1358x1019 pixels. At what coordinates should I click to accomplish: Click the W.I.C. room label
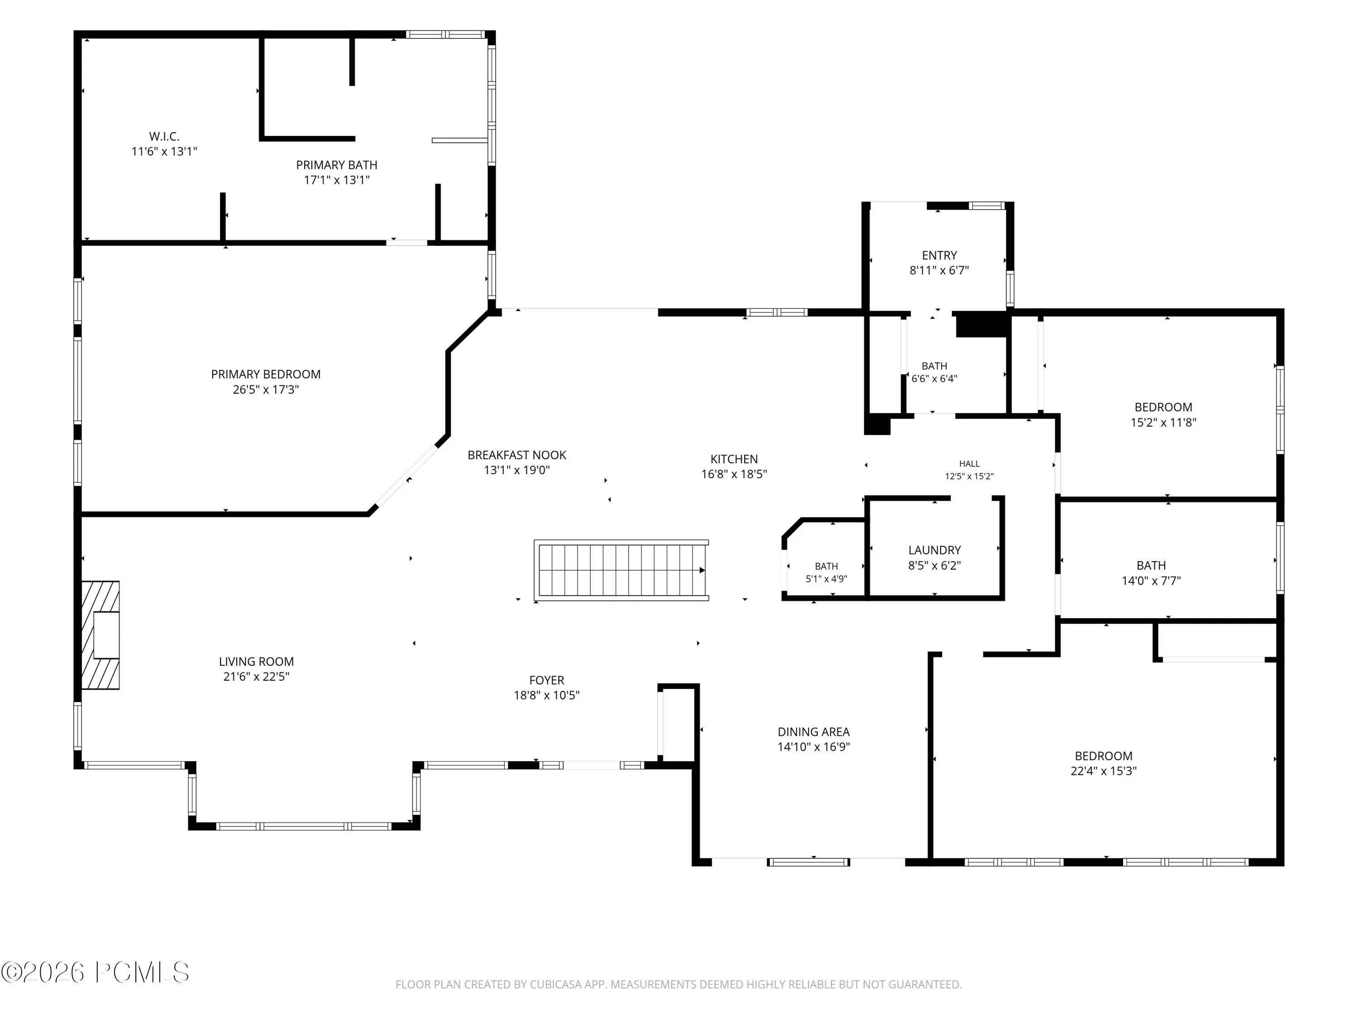point(164,137)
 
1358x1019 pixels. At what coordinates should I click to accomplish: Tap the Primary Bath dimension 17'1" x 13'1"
point(336,180)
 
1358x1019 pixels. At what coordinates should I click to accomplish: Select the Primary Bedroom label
point(266,374)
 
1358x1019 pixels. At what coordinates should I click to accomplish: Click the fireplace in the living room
point(100,635)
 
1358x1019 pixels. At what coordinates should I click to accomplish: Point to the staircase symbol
point(622,571)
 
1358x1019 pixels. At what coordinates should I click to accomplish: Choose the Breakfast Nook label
point(517,455)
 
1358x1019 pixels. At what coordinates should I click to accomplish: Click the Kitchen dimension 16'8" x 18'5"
point(734,474)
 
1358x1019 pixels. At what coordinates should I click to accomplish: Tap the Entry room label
point(939,255)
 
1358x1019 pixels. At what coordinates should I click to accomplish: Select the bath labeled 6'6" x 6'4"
point(934,366)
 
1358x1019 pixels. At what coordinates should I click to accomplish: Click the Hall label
point(970,464)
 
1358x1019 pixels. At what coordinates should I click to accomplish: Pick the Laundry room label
point(934,550)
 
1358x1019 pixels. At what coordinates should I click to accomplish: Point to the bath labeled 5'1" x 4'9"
point(826,566)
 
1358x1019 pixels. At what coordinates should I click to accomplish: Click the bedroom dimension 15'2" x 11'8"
point(1163,423)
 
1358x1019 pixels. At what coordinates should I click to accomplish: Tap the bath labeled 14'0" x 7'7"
point(1151,566)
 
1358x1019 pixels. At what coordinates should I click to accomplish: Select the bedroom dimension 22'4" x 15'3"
point(1103,771)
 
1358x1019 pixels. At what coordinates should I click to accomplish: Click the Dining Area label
point(813,732)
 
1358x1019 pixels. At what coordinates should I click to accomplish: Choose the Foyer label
point(546,681)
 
